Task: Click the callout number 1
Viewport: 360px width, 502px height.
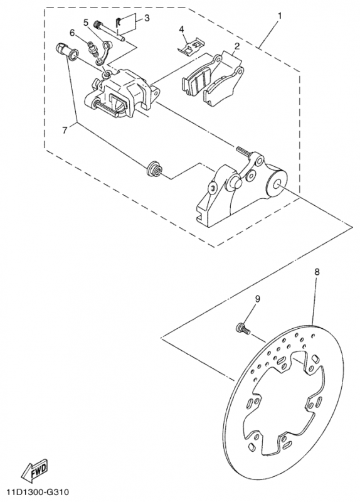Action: pyautogui.click(x=280, y=15)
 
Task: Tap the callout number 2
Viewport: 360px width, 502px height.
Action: pyautogui.click(x=236, y=46)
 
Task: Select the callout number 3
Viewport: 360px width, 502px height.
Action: pyautogui.click(x=147, y=18)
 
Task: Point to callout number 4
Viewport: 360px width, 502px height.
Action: pyautogui.click(x=181, y=29)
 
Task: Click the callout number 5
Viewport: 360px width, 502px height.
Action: pyautogui.click(x=85, y=23)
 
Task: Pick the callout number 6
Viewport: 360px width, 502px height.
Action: pyautogui.click(x=71, y=33)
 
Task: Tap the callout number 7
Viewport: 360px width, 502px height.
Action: pyautogui.click(x=65, y=131)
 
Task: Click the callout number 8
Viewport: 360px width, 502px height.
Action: pyautogui.click(x=317, y=272)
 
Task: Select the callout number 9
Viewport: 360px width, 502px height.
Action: pyautogui.click(x=257, y=299)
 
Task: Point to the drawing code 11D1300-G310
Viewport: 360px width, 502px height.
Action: pyautogui.click(x=34, y=491)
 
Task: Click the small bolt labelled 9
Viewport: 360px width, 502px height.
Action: pyautogui.click(x=243, y=329)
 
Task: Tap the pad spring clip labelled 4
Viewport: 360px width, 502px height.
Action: pyautogui.click(x=190, y=46)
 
